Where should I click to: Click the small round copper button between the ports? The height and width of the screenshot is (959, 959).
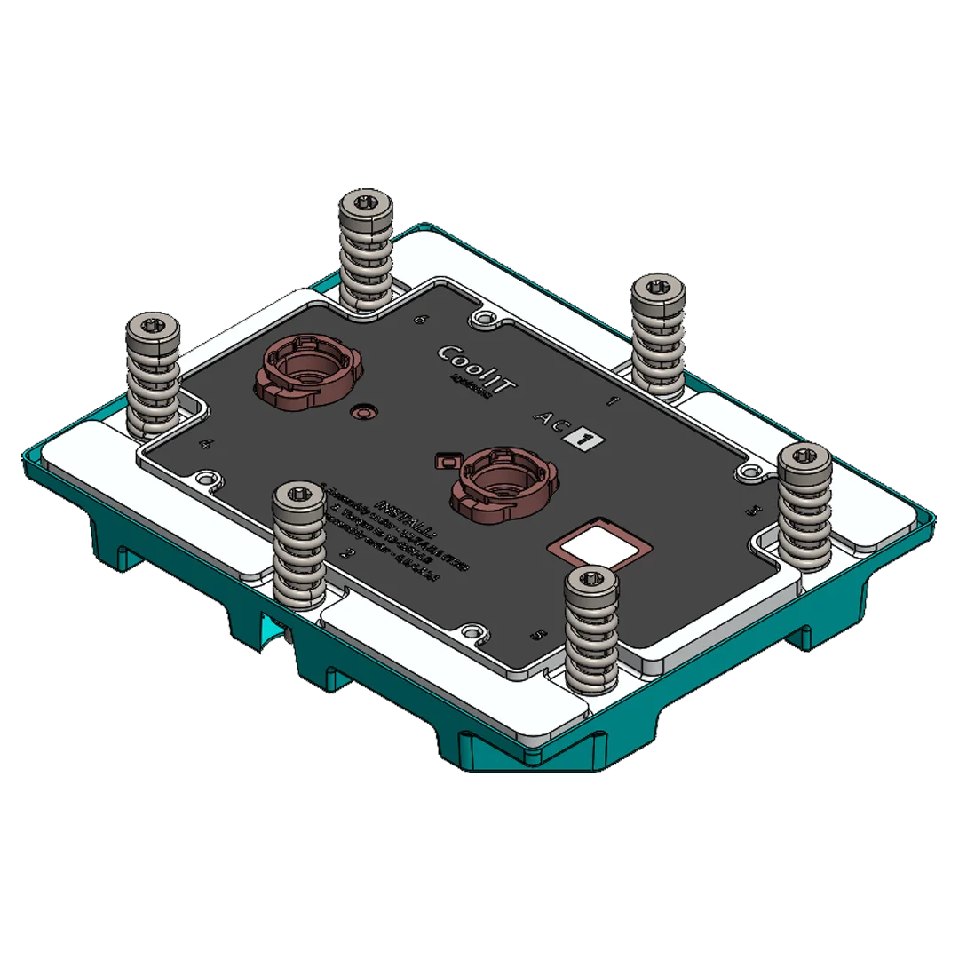point(362,412)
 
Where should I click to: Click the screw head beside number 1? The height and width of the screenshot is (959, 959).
point(658,287)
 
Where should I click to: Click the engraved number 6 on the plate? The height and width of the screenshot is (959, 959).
point(423,320)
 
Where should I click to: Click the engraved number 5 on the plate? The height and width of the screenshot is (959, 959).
point(535,636)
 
